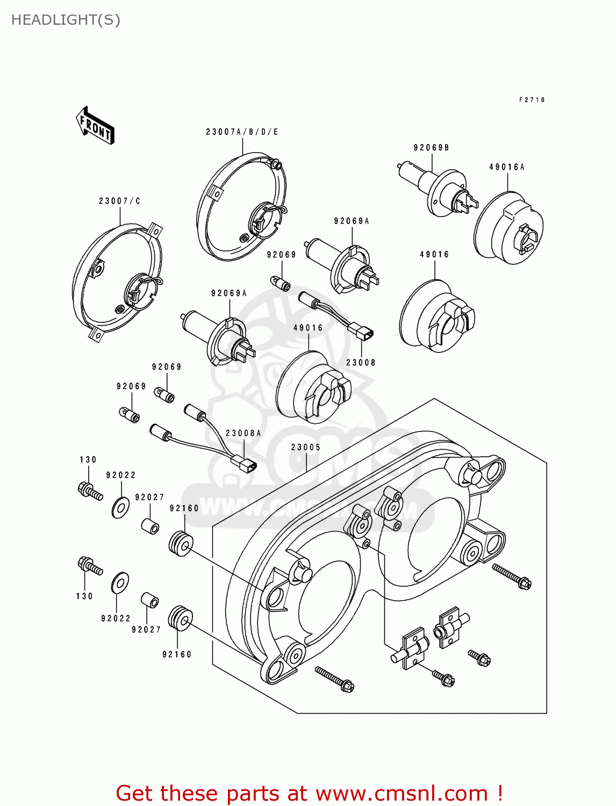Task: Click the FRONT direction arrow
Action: point(95,125)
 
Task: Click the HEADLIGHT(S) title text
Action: point(66,20)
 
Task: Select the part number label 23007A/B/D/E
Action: point(242,132)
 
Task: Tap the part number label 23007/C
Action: point(119,201)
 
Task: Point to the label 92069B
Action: point(431,148)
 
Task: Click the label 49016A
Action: point(506,167)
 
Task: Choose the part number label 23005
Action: point(306,447)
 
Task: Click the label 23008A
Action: point(243,433)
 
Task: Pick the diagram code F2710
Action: point(532,100)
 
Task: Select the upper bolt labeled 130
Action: point(89,491)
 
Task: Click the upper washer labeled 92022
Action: point(120,507)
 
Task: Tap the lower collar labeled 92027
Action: point(149,600)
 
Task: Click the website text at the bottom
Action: point(309,793)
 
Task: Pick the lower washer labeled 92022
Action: point(120,583)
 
